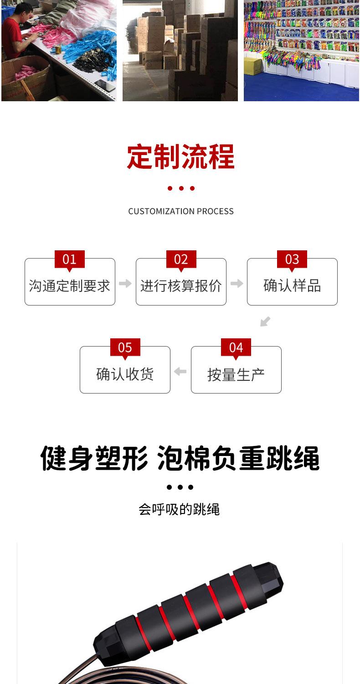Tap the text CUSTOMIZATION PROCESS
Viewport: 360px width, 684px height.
tap(180, 211)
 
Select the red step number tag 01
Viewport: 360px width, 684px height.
tap(69, 259)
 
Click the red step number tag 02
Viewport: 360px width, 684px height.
tap(181, 259)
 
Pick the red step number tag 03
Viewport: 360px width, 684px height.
tap(292, 259)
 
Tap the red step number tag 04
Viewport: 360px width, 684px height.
tap(236, 347)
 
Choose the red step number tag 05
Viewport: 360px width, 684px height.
tap(125, 347)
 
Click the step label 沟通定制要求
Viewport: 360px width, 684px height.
tap(70, 286)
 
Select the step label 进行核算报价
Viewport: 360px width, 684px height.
tap(181, 286)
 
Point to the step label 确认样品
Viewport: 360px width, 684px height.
tap(292, 286)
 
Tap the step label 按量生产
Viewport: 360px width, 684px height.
tap(236, 374)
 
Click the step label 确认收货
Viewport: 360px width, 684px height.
tap(125, 374)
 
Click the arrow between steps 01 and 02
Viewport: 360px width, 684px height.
tap(125, 284)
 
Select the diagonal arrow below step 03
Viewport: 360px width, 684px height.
tap(265, 321)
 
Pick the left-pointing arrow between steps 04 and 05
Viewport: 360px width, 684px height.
tap(180, 372)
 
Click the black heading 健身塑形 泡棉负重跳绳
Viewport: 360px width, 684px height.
tap(180, 458)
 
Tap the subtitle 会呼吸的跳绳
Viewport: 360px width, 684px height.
tap(179, 509)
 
